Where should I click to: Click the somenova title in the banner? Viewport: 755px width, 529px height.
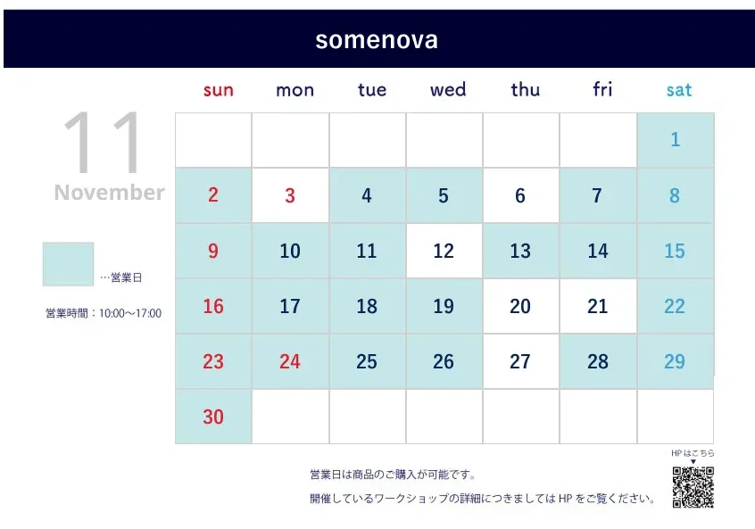[x=377, y=40]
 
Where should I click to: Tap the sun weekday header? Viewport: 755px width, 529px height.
[x=218, y=90]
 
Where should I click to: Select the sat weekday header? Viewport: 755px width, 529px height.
[x=679, y=90]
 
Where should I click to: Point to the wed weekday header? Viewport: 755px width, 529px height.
[x=448, y=89]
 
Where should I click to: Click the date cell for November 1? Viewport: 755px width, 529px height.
[x=676, y=140]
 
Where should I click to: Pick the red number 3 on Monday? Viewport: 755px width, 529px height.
[x=290, y=196]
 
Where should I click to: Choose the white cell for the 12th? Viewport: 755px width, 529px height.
[x=444, y=251]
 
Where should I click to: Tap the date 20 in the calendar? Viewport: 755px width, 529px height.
[x=520, y=306]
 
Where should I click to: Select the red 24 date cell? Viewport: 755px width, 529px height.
[x=290, y=361]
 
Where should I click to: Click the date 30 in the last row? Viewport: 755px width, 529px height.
[x=213, y=417]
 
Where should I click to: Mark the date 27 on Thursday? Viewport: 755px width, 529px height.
[x=520, y=361]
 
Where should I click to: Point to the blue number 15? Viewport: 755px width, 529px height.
[x=675, y=251]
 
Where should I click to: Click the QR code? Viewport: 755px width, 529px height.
[x=693, y=487]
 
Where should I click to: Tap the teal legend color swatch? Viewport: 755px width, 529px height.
[x=68, y=264]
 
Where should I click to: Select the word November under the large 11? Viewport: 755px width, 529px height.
[x=109, y=193]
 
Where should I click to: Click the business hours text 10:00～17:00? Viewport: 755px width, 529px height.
[x=130, y=313]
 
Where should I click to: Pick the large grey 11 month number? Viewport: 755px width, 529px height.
[x=102, y=142]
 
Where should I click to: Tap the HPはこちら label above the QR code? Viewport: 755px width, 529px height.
[x=693, y=453]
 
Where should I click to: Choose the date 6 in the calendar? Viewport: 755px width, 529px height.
[x=520, y=196]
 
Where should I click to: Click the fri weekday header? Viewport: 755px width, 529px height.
[x=602, y=89]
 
